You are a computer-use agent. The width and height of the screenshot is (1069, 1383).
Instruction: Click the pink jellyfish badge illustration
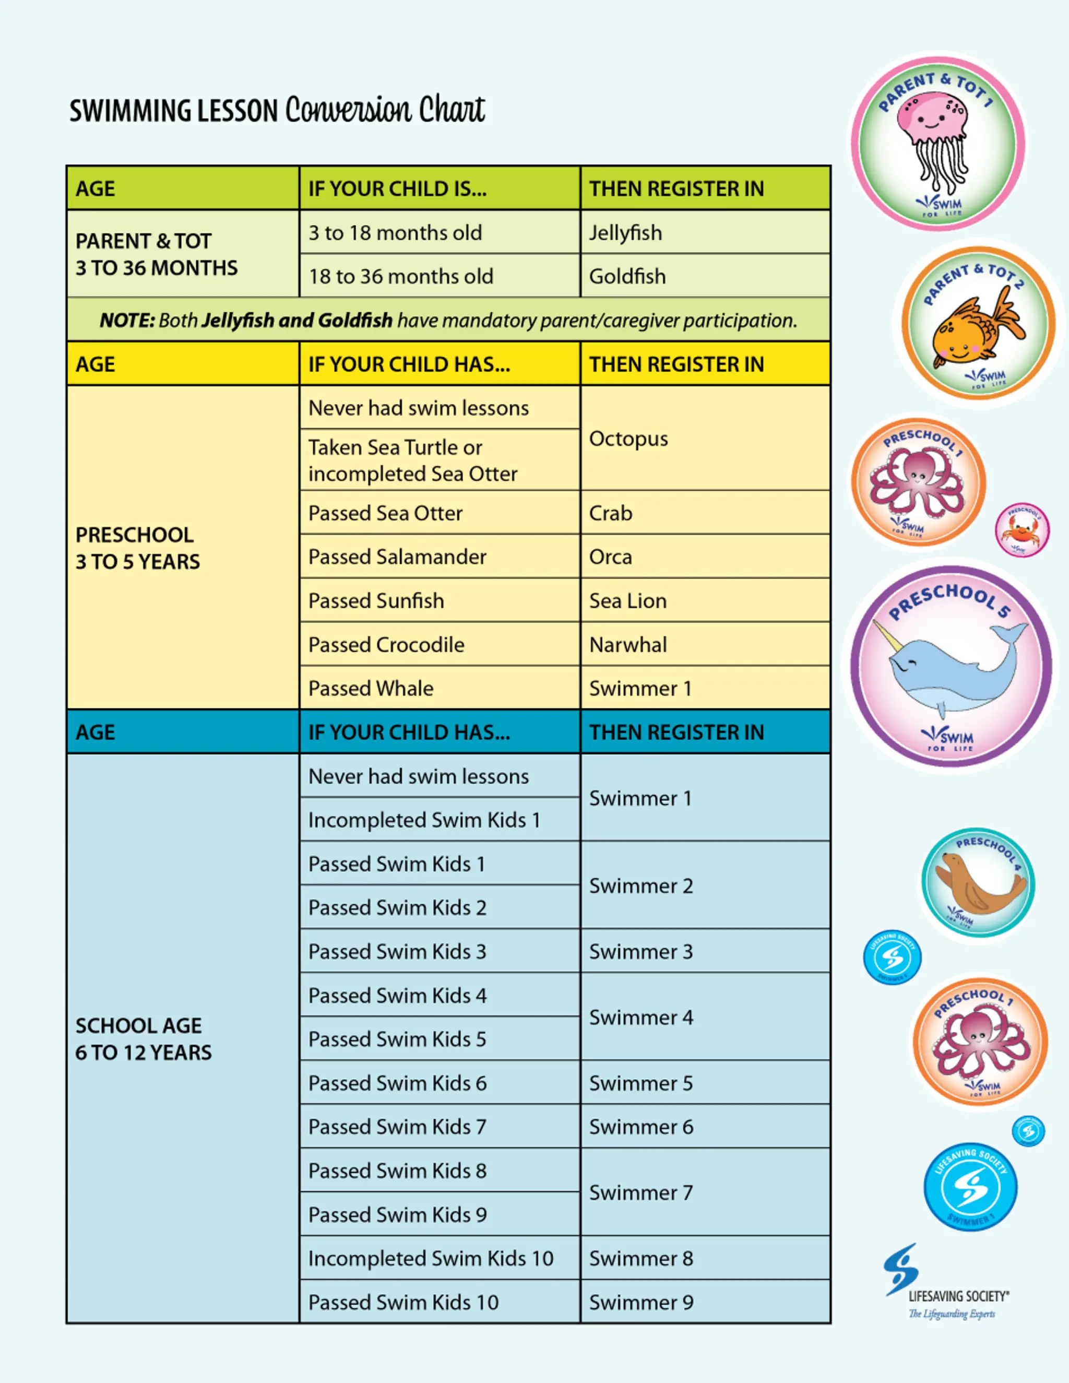click(x=936, y=139)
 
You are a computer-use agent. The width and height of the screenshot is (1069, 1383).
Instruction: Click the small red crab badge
click(x=1021, y=530)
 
